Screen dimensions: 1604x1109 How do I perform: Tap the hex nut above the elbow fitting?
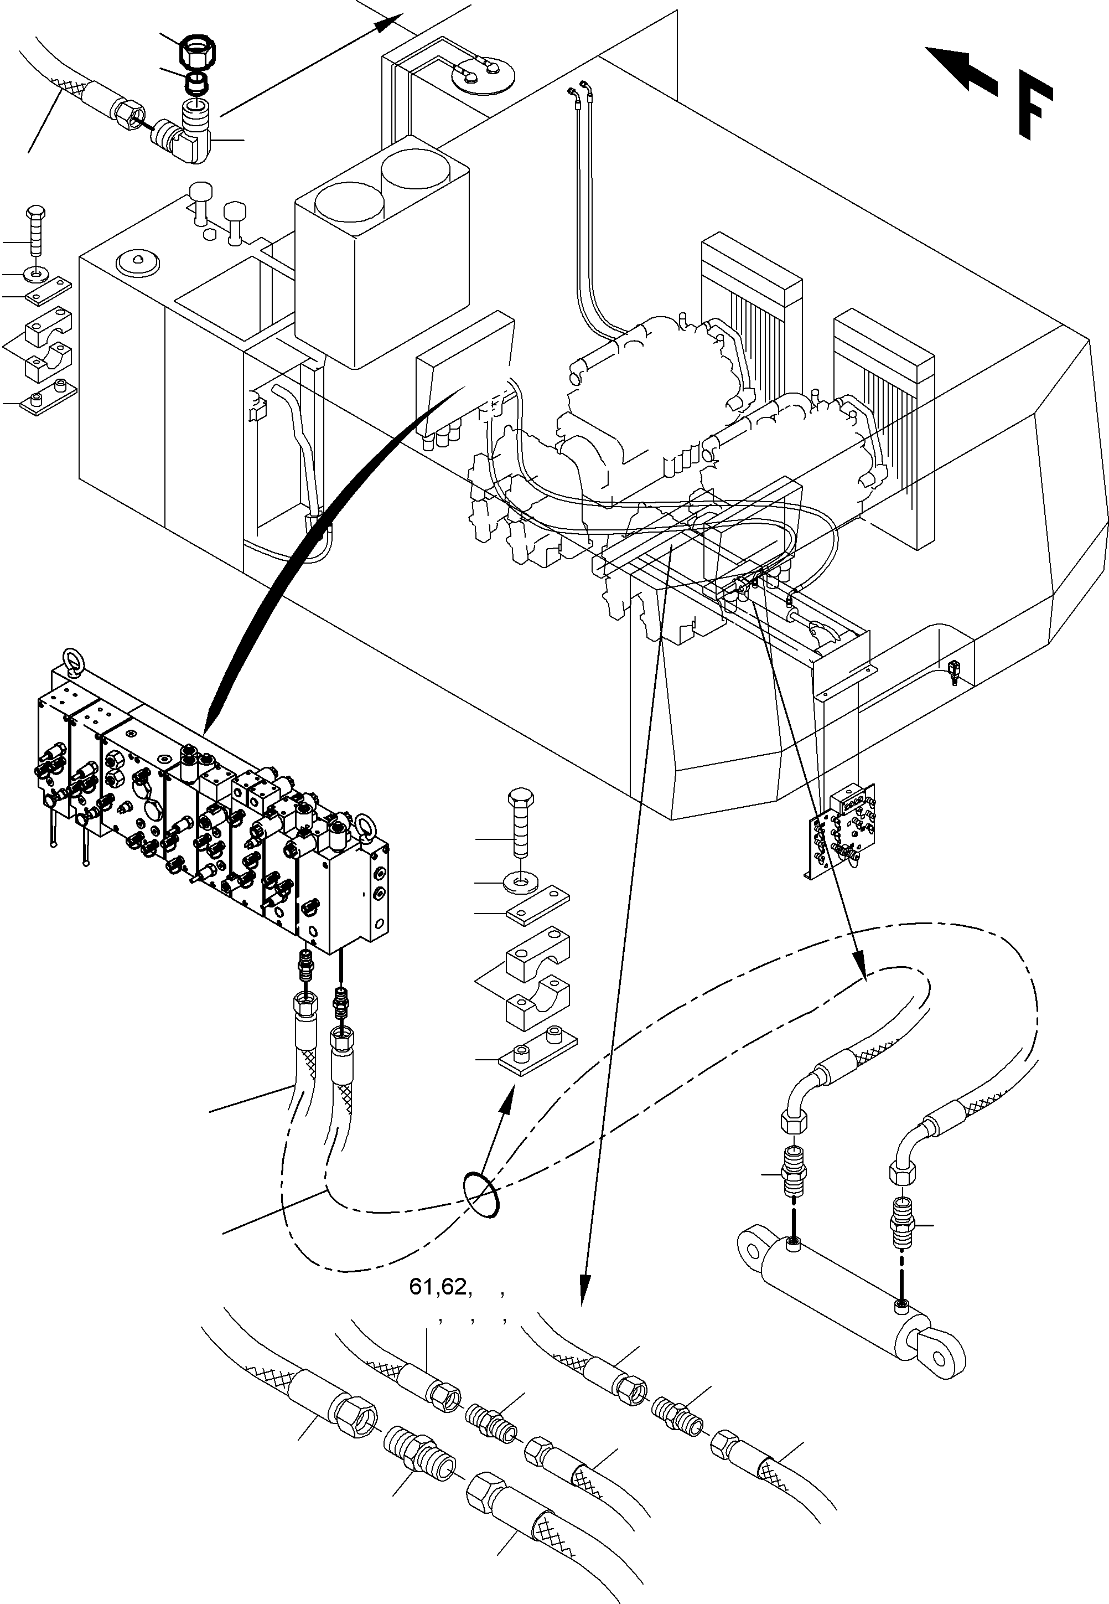point(198,51)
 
